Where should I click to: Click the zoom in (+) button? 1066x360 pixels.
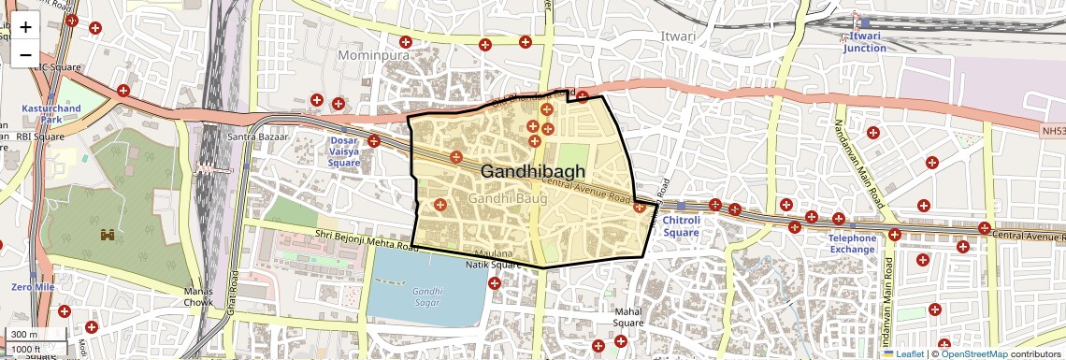click(x=25, y=26)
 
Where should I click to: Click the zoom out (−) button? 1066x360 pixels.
click(x=25, y=54)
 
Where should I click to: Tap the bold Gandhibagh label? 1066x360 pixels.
click(x=533, y=171)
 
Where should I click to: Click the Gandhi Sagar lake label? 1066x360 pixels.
click(x=427, y=296)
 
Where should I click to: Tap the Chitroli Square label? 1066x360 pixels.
click(x=681, y=225)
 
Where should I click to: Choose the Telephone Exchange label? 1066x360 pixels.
click(x=852, y=243)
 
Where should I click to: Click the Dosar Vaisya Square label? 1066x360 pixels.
click(x=344, y=151)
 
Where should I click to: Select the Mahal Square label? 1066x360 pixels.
click(x=628, y=317)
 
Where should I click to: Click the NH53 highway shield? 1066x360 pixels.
click(x=1051, y=132)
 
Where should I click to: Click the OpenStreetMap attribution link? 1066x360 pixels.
click(x=973, y=353)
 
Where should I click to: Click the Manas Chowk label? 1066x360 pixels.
click(x=198, y=297)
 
